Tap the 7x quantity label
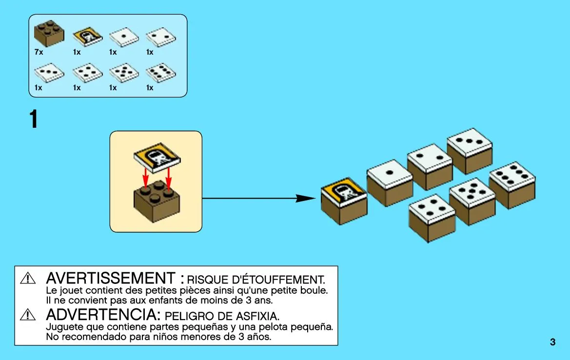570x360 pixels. (39, 52)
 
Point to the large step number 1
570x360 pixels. (34, 120)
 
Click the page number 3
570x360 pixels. (552, 342)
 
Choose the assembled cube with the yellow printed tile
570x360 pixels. (344, 200)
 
